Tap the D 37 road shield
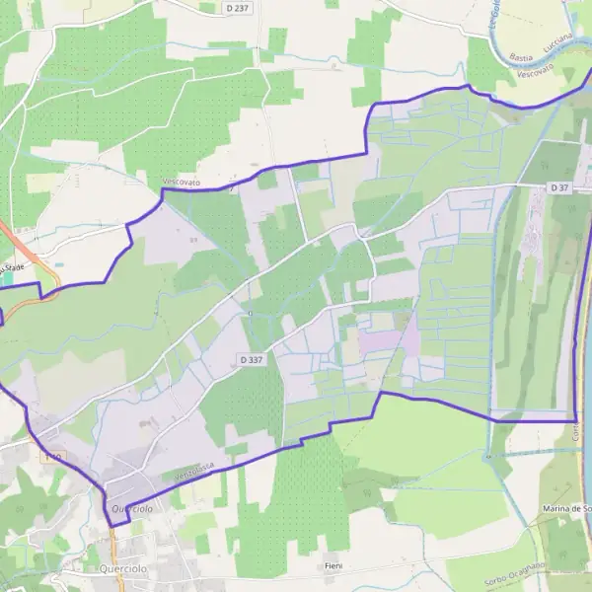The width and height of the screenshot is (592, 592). coord(560,187)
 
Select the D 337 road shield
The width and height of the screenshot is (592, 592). coord(251,360)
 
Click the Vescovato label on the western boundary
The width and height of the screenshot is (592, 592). coord(182,184)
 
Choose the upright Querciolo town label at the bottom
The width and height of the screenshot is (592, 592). coord(123,569)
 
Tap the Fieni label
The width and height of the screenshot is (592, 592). coord(333,565)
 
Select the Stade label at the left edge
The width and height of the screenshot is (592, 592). coord(12,266)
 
